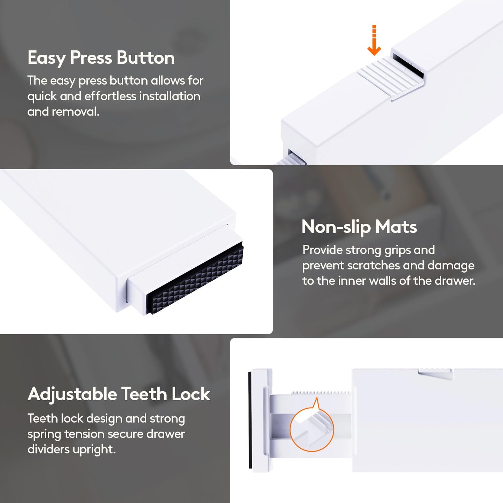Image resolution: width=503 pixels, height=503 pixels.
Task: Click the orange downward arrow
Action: pos(374,40)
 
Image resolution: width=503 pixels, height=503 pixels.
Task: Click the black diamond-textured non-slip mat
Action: pos(195,278)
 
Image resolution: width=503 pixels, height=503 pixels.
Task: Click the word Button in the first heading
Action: pos(146,58)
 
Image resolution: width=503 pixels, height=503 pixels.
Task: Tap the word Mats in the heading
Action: pos(396,227)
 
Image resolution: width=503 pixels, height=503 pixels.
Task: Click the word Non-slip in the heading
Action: pos(336,227)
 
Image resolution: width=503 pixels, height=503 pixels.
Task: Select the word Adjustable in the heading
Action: pos(72,394)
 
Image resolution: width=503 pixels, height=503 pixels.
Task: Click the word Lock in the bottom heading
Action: pos(191,394)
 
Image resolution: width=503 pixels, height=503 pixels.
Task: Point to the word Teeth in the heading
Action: pos(144,394)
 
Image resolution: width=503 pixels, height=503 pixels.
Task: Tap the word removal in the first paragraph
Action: pos(76,112)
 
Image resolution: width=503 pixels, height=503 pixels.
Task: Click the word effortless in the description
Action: pos(111,96)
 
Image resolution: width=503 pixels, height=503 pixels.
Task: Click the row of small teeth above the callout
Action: pos(321,393)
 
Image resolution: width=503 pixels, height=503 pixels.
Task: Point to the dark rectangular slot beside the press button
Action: pos(408,64)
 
